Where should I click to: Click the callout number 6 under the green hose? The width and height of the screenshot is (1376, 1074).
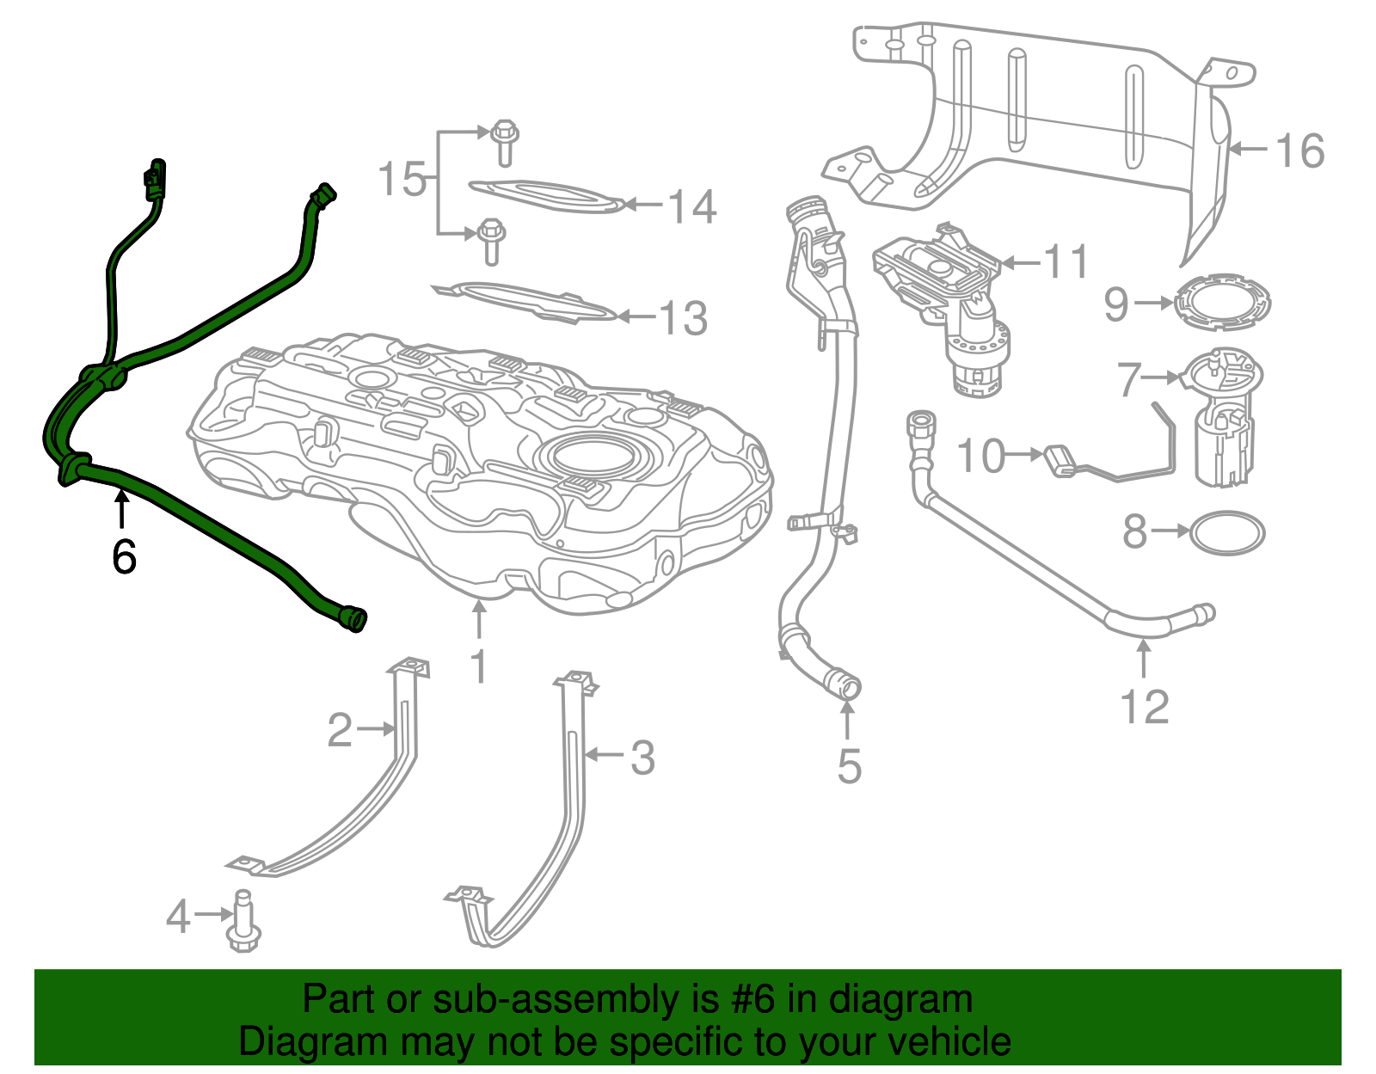124,557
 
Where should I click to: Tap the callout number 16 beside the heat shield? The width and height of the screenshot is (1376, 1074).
1299,151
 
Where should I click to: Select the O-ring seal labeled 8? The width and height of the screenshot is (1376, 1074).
1228,533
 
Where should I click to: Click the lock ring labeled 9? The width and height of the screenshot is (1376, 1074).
1222,303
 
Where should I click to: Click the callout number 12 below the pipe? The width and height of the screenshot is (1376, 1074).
1145,707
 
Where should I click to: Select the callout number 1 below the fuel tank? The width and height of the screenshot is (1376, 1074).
479,666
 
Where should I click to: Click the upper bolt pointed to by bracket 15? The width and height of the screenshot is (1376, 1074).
505,142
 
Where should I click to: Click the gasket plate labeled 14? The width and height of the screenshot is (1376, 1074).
546,196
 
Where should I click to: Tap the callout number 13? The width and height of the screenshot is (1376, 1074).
684,318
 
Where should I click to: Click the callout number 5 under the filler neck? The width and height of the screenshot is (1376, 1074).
849,765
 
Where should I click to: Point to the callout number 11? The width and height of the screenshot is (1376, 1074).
1066,261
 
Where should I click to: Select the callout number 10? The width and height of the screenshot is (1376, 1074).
980,455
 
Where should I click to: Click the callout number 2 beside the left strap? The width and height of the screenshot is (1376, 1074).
340,730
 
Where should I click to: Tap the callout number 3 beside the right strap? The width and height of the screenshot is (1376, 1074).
642,758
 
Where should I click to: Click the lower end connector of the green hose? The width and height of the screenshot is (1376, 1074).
352,618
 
